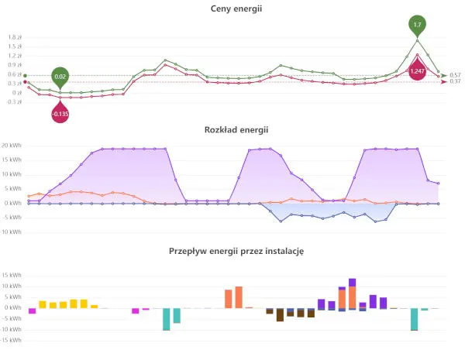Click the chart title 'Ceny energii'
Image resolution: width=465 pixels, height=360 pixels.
click(232, 9)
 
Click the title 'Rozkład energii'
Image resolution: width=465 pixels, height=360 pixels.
click(232, 130)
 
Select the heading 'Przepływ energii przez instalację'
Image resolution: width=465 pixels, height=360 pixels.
click(232, 251)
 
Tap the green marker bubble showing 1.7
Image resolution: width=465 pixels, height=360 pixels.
click(418, 25)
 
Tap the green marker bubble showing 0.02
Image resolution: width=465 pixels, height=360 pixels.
click(60, 76)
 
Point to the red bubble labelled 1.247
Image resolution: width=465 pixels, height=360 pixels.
click(418, 70)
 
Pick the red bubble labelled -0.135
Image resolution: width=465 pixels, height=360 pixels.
click(60, 115)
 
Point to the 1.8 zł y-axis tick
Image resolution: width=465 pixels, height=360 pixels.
click(15, 37)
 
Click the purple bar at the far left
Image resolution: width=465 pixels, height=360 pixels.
click(33, 310)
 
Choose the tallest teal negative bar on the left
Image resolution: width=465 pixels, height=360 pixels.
click(166, 319)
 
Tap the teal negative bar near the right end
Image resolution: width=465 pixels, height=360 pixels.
click(415, 319)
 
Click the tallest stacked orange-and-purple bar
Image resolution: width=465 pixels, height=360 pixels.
click(353, 293)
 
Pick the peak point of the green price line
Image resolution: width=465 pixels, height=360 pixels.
click(418, 40)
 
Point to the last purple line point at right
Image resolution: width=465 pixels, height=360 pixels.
click(439, 183)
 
